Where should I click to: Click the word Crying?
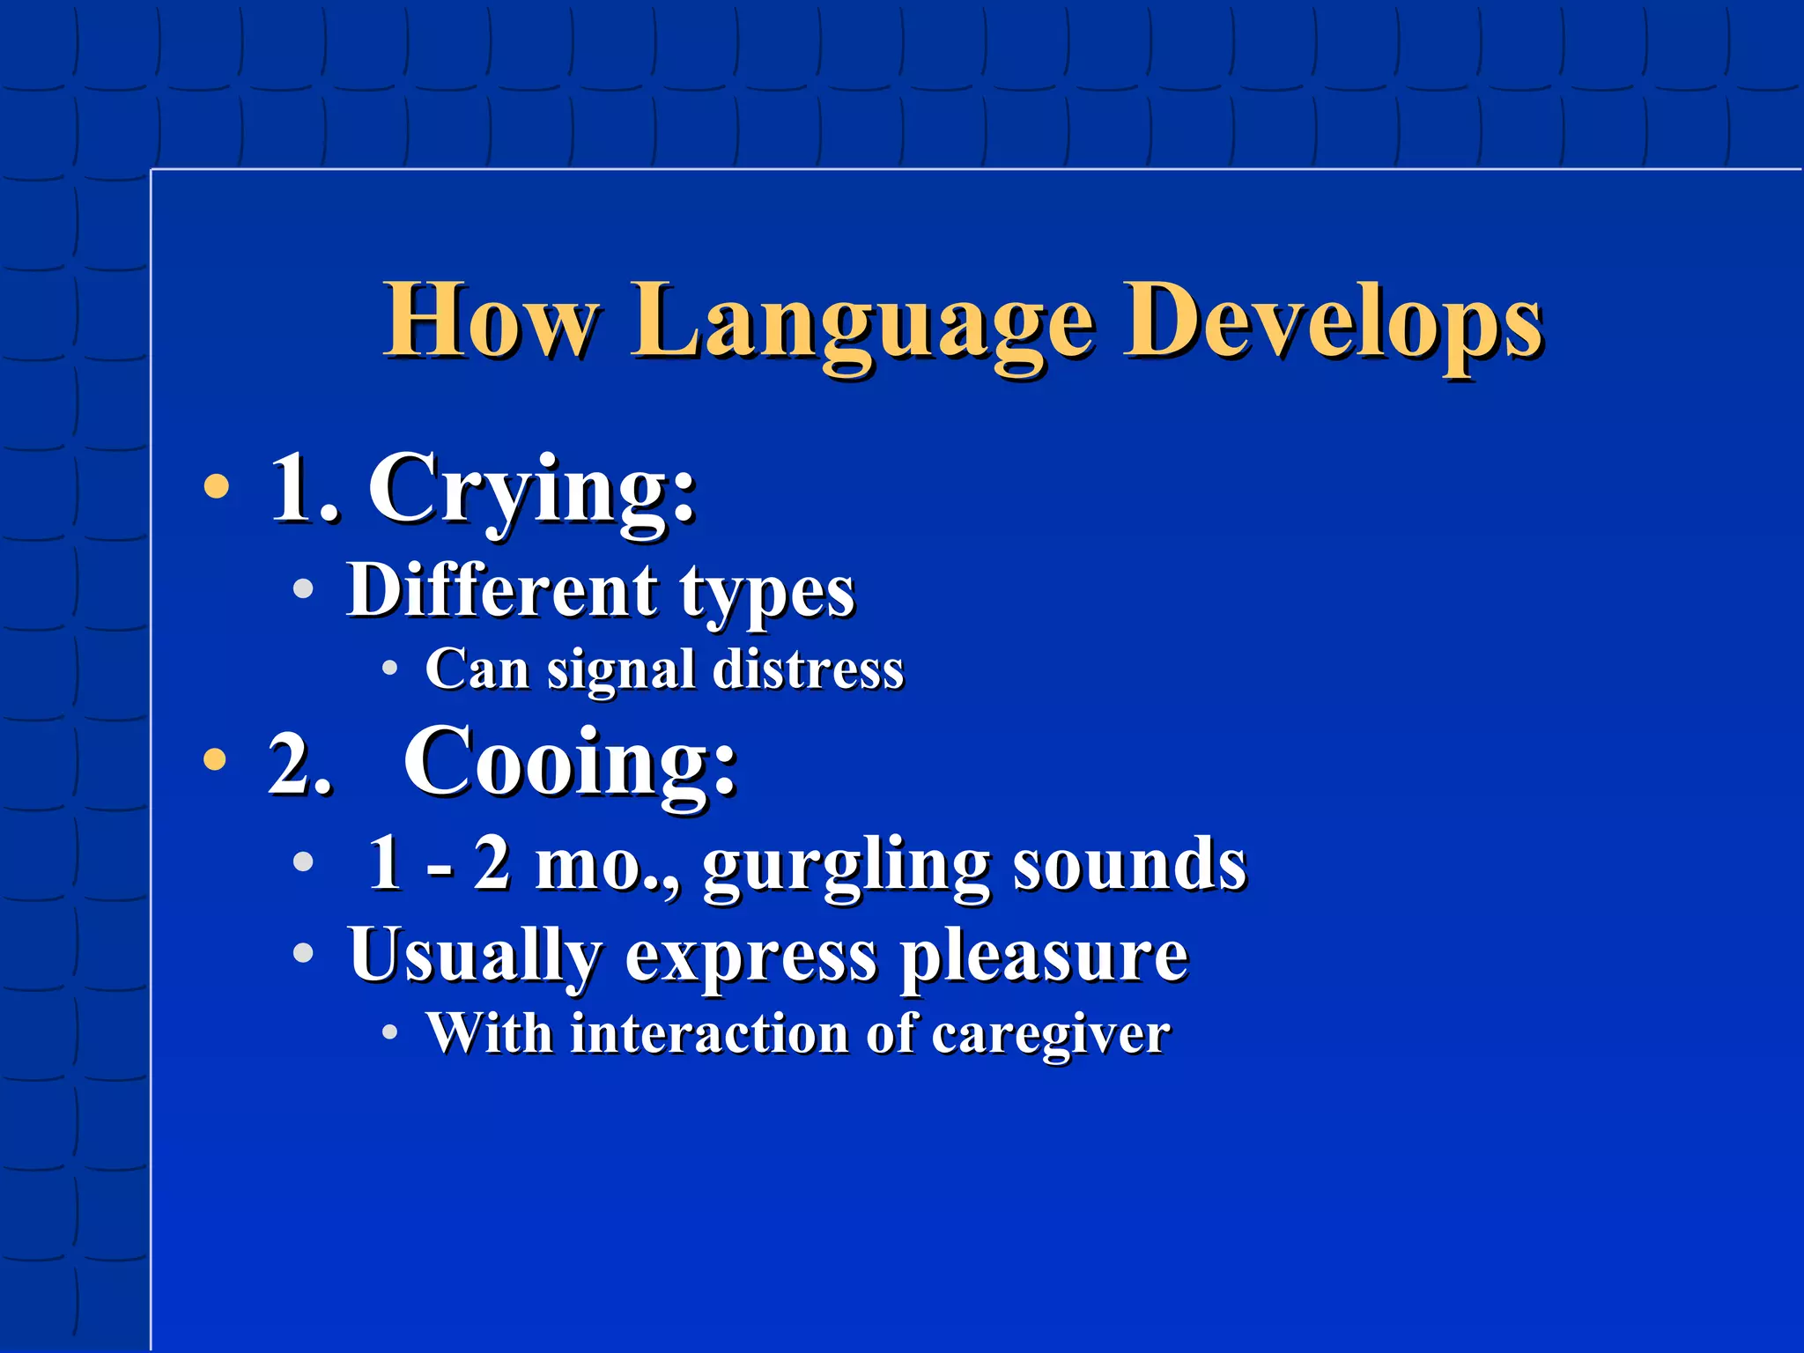[x=532, y=489]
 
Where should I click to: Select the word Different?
[x=501, y=589]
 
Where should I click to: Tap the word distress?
[x=808, y=669]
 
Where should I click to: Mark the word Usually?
[x=475, y=957]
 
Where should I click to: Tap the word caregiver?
[x=1051, y=1036]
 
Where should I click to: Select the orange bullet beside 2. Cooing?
[x=215, y=759]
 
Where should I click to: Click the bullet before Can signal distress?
[x=389, y=669]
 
